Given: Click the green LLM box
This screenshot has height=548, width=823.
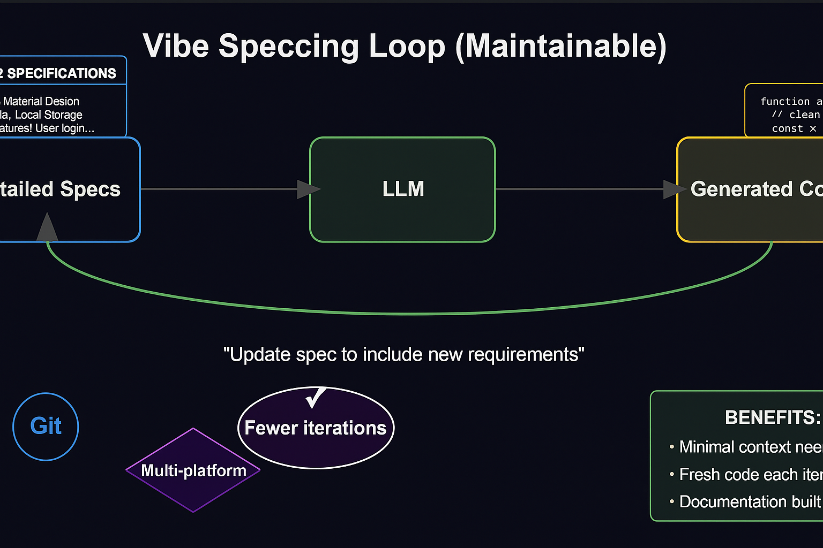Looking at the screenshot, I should (402, 189).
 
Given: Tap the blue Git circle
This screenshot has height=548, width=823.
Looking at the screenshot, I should (46, 427).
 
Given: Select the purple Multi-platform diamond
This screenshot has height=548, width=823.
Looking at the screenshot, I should (193, 470).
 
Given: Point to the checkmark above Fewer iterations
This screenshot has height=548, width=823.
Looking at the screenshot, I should (316, 397).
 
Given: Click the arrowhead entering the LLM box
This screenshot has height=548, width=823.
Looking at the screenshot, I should (309, 189).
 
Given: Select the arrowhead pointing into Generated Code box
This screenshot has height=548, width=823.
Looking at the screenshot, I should (674, 189).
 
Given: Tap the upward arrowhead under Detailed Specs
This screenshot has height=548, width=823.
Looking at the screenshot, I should (47, 227).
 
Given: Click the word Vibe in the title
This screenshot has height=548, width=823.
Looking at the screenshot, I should (176, 46).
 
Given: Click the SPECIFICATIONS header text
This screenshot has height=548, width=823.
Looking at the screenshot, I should (62, 73).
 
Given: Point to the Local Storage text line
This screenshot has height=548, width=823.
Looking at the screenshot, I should (48, 115).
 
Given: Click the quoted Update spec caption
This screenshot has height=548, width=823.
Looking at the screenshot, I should (403, 354).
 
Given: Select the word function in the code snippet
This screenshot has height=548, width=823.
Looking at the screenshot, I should (785, 101).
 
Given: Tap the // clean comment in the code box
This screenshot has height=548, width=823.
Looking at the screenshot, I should (796, 115).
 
